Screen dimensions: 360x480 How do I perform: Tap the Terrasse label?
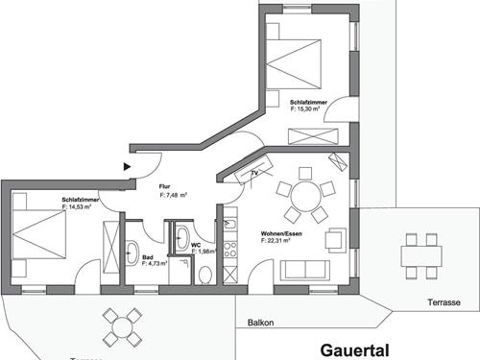(x=443, y=302)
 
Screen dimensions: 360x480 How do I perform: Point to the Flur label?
(x=164, y=187)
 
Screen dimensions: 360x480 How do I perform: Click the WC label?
(x=196, y=245)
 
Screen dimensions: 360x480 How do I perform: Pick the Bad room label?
(x=148, y=256)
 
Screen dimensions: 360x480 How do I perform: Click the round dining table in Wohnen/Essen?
(x=305, y=197)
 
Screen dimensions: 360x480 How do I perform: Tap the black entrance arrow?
(x=128, y=165)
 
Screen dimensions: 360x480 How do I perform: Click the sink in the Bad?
(x=132, y=255)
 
